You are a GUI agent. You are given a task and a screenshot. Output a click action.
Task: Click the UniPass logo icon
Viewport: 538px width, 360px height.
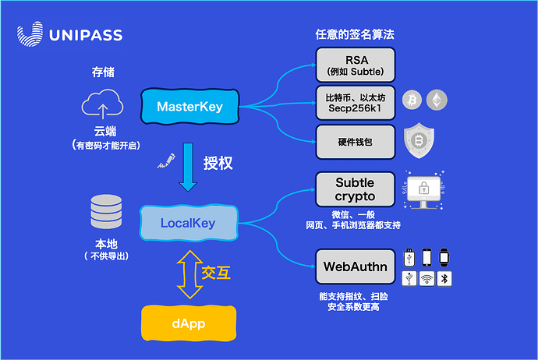30,35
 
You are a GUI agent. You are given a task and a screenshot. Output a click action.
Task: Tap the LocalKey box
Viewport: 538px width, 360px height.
188,223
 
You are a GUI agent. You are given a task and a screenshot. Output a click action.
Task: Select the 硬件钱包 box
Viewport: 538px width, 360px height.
355,141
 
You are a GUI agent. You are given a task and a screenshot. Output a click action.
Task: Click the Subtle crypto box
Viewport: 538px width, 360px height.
355,189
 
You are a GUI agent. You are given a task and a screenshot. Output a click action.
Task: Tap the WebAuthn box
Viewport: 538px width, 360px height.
355,267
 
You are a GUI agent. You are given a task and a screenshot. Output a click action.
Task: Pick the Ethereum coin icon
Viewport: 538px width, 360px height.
437,100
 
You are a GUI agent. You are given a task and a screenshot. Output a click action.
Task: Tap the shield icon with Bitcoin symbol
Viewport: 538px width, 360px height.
419,140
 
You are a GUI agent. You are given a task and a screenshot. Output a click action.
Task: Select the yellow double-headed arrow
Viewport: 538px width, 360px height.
188,274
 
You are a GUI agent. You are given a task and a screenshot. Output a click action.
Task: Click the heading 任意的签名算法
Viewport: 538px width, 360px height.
354,35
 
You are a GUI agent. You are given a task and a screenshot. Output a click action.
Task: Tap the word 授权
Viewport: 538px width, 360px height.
218,164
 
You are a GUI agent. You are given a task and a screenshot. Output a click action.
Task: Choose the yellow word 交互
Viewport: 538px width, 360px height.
216,273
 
